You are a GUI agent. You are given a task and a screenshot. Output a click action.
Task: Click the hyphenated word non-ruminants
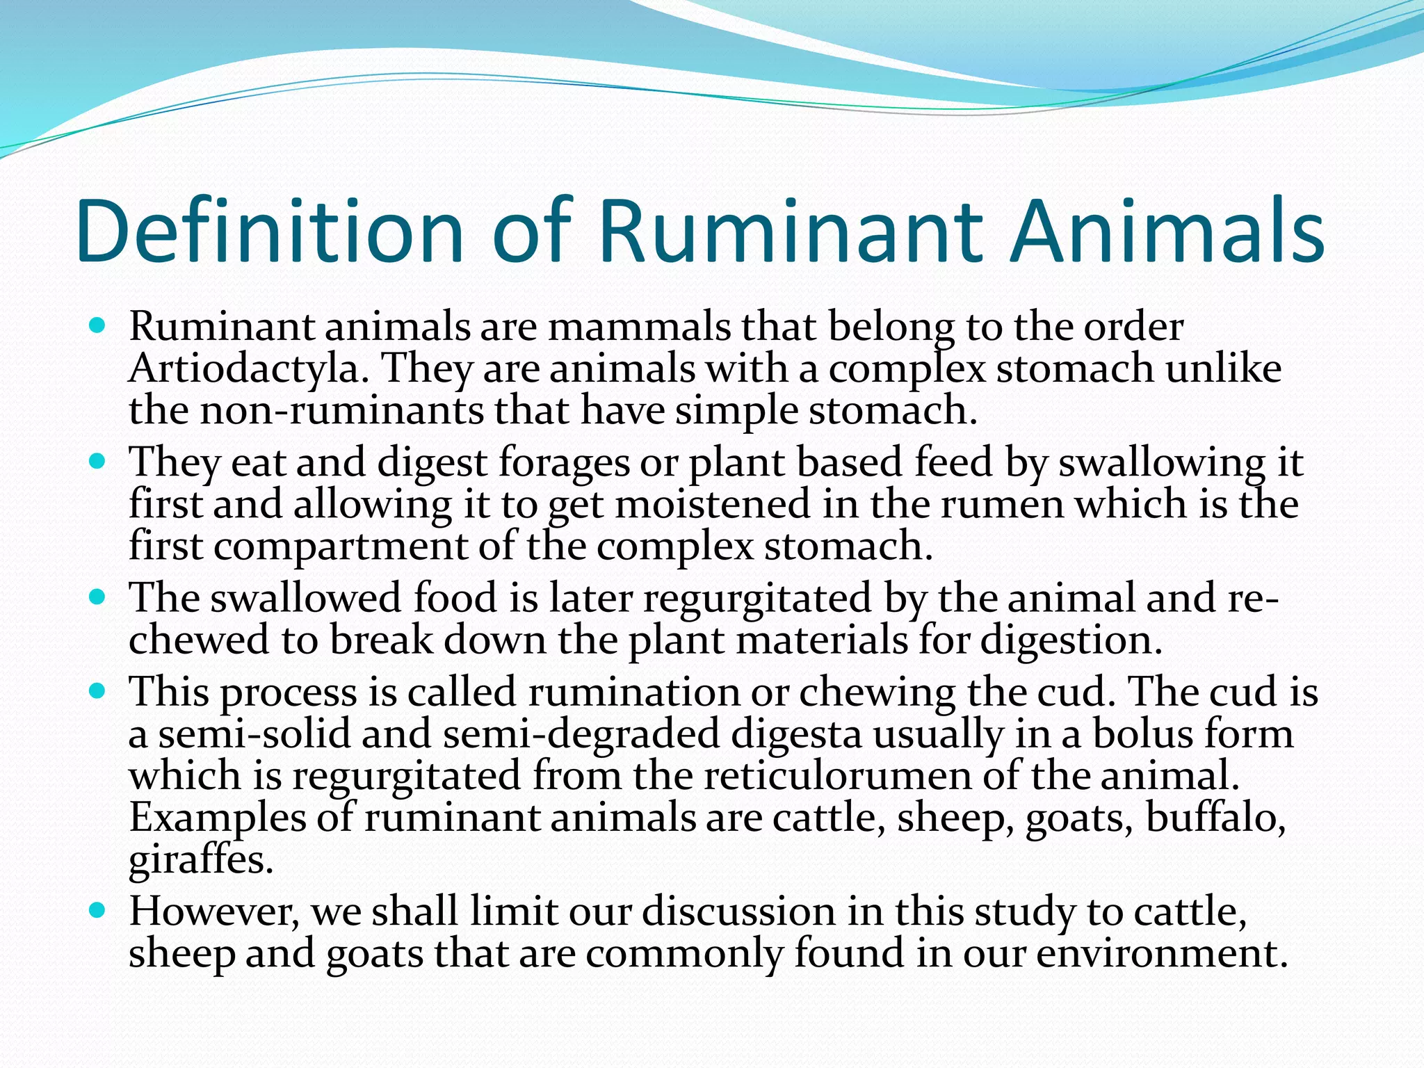click(x=341, y=410)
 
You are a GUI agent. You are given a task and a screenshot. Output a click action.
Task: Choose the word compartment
click(x=341, y=546)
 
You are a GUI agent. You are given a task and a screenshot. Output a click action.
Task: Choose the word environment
click(x=1161, y=953)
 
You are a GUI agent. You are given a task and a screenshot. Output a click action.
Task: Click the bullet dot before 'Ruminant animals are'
click(x=97, y=325)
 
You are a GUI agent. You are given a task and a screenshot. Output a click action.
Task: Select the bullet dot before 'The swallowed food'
click(x=97, y=597)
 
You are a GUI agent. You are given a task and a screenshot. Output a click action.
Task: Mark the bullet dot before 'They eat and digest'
click(x=97, y=461)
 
